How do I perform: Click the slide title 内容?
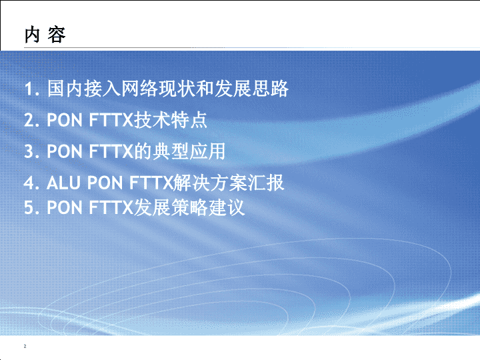pyautogui.click(x=45, y=35)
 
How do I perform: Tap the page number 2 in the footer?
pyautogui.click(x=25, y=346)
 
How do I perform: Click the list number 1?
pyautogui.click(x=31, y=89)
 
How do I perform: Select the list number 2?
pyautogui.click(x=31, y=120)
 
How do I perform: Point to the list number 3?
pyautogui.click(x=31, y=151)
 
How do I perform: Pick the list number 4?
pyautogui.click(x=31, y=183)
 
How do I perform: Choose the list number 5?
pyautogui.click(x=31, y=208)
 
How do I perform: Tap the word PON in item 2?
pyautogui.click(x=65, y=120)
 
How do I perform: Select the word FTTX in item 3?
pyautogui.click(x=111, y=151)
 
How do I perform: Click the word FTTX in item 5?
pyautogui.click(x=111, y=207)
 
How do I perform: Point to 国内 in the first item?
pyautogui.click(x=65, y=89)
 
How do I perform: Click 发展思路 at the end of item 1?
pyautogui.click(x=251, y=89)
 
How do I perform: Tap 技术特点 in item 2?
pyautogui.click(x=171, y=120)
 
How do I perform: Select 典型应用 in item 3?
pyautogui.click(x=189, y=151)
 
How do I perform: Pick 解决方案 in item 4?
pyautogui.click(x=210, y=183)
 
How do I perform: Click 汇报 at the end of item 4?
pyautogui.click(x=266, y=183)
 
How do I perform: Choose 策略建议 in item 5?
pyautogui.click(x=208, y=208)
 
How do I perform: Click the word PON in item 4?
pyautogui.click(x=105, y=183)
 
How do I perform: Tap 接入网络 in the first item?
pyautogui.click(x=121, y=89)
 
